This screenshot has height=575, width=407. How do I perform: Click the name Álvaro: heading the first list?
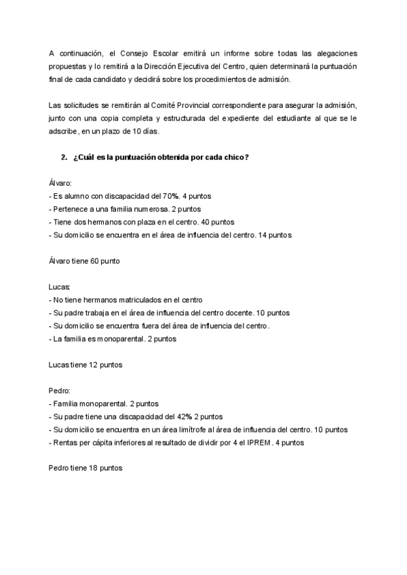pos(61,184)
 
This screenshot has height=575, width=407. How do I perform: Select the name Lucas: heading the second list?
pos(60,287)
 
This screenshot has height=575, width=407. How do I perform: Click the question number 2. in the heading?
pos(63,158)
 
